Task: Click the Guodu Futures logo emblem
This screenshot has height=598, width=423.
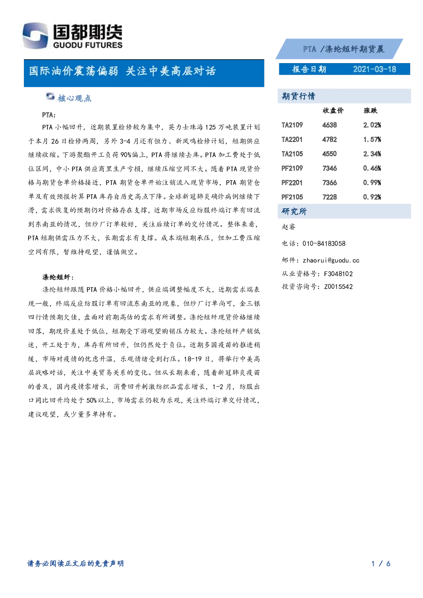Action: pos(35,35)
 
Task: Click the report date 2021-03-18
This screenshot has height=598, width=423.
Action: pos(374,69)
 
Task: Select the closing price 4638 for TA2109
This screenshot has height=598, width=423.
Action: pos(329,125)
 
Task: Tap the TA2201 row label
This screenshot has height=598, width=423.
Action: pos(292,139)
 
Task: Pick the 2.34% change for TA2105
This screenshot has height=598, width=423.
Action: pos(372,154)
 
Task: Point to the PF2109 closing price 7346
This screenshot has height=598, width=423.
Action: pos(329,168)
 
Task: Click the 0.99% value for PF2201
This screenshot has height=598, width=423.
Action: pos(372,182)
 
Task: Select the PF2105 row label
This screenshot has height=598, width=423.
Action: pos(292,197)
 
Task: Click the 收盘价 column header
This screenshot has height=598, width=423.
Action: pos(333,110)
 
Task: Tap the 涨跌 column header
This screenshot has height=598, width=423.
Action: pos(371,110)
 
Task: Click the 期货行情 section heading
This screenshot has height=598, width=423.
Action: pos(298,96)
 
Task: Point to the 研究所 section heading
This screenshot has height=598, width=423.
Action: pos(294,211)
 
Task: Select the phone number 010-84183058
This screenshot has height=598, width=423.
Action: pos(324,243)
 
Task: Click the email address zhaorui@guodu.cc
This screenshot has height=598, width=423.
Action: pos(331,260)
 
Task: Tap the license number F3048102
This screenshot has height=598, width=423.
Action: pos(338,274)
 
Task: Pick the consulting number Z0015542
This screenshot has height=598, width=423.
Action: pos(338,287)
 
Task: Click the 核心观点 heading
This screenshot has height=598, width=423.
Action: pos(74,98)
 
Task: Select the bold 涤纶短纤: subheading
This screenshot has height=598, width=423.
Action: pos(58,277)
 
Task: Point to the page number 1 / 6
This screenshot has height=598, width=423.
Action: pos(381,563)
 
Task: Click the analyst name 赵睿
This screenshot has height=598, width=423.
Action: pos(288,227)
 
